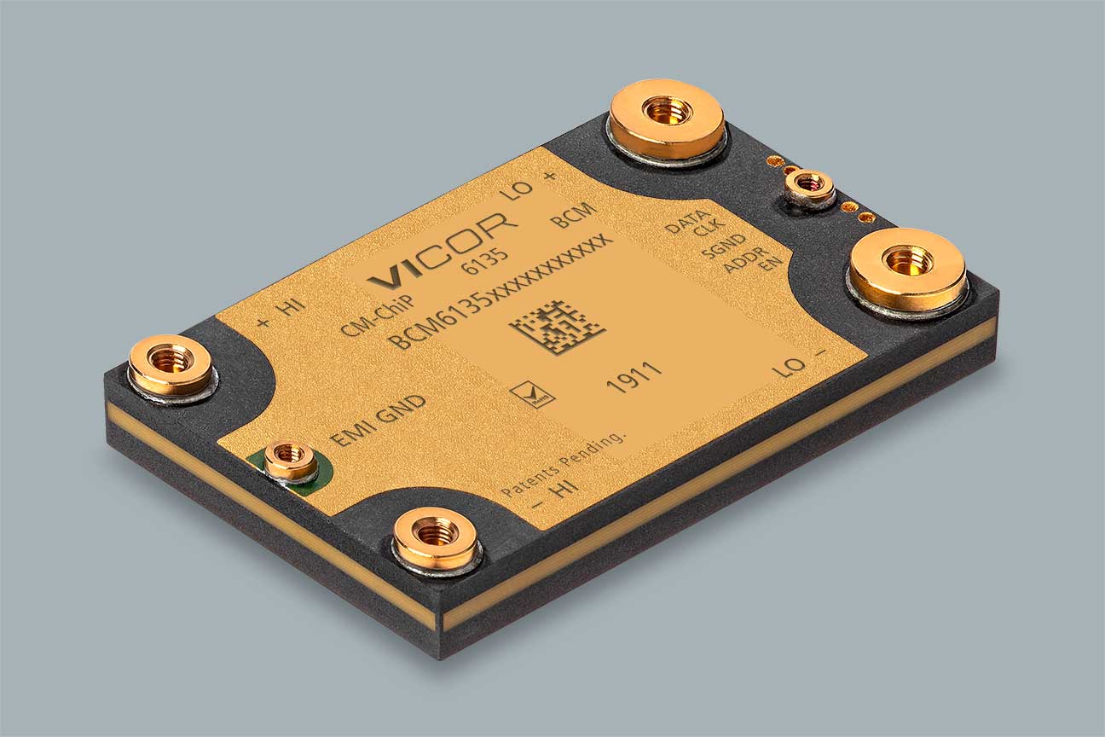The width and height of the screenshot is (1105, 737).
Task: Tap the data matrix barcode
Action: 558,328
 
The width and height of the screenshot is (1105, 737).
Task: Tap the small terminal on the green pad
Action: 290,461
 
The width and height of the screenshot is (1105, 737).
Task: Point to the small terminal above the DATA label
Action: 809,186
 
